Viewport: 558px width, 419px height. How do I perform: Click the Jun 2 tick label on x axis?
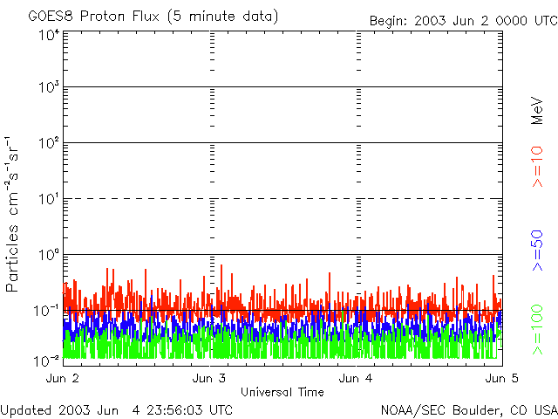pos(62,379)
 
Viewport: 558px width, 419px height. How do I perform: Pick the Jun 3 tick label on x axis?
pos(210,379)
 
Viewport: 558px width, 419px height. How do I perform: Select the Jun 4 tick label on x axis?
pos(357,379)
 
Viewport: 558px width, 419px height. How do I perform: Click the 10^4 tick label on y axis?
pos(49,35)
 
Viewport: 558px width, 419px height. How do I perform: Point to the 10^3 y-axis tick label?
pos(49,88)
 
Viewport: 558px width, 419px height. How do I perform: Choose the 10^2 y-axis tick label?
pos(49,144)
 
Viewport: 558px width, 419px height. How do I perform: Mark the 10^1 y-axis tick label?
pos(49,200)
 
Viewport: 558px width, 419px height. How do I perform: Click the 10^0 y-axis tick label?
pos(49,256)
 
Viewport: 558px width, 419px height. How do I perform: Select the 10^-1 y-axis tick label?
pos(47,311)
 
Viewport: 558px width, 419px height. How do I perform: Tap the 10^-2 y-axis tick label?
pos(47,359)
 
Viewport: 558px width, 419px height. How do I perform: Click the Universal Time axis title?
pos(282,392)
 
